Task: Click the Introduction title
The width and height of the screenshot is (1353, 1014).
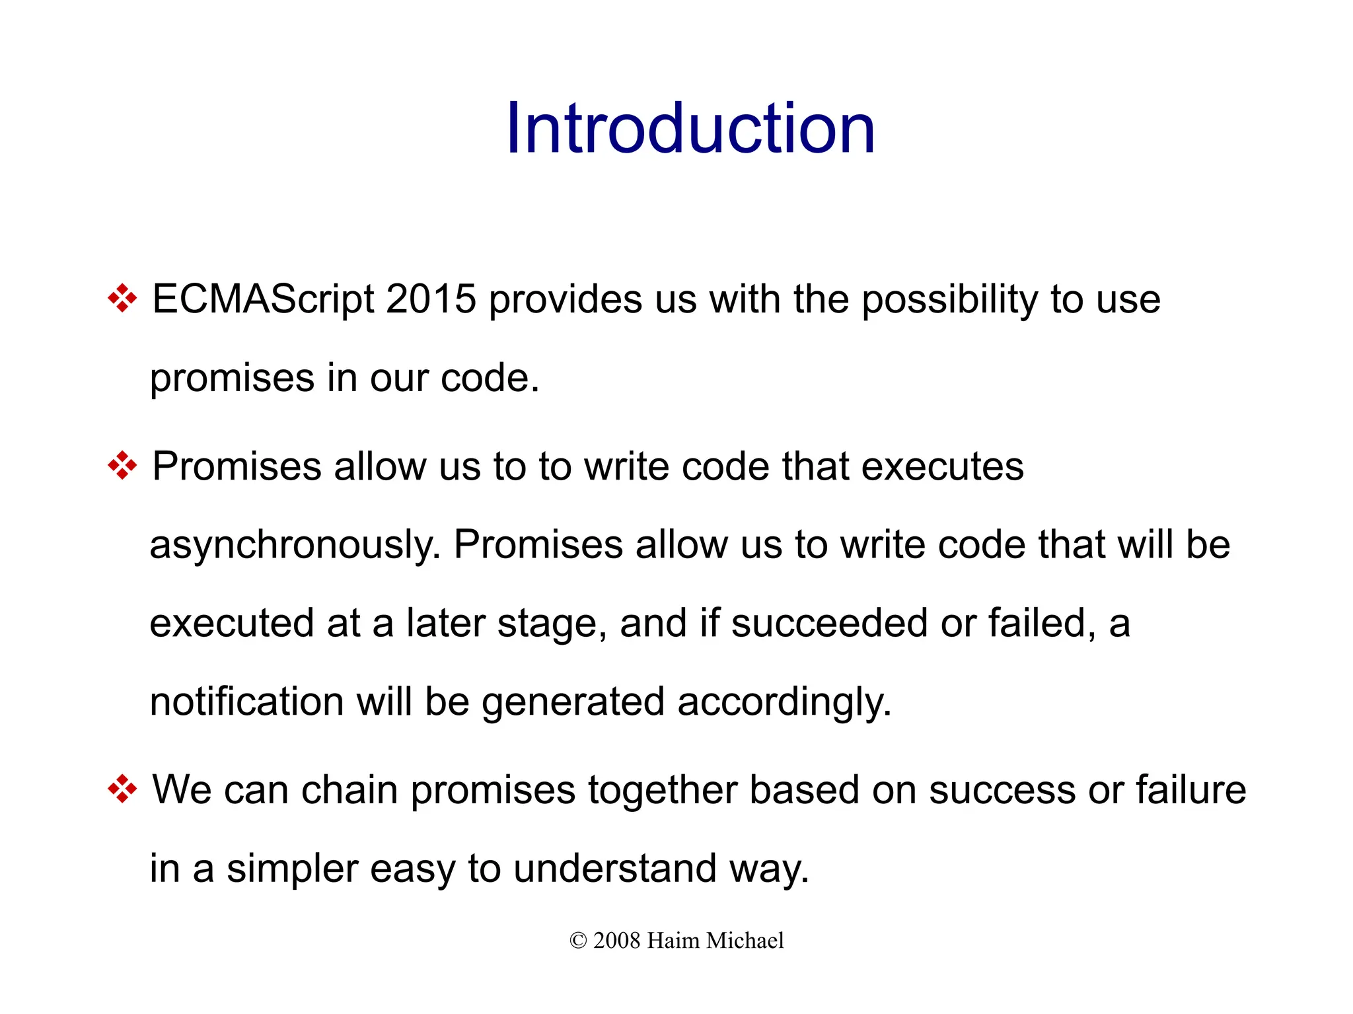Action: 690,129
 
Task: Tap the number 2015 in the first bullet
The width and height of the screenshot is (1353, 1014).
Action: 431,299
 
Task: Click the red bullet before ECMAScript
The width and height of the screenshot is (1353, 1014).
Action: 122,299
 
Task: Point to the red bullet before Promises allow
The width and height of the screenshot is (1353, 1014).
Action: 122,466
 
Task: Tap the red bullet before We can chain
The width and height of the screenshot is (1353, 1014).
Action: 122,789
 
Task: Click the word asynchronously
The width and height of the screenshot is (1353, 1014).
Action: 295,546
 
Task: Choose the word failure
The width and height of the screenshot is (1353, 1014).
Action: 1190,789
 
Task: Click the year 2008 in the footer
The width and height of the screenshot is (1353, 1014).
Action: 616,941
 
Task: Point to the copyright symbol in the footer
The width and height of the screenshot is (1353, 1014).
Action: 578,941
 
